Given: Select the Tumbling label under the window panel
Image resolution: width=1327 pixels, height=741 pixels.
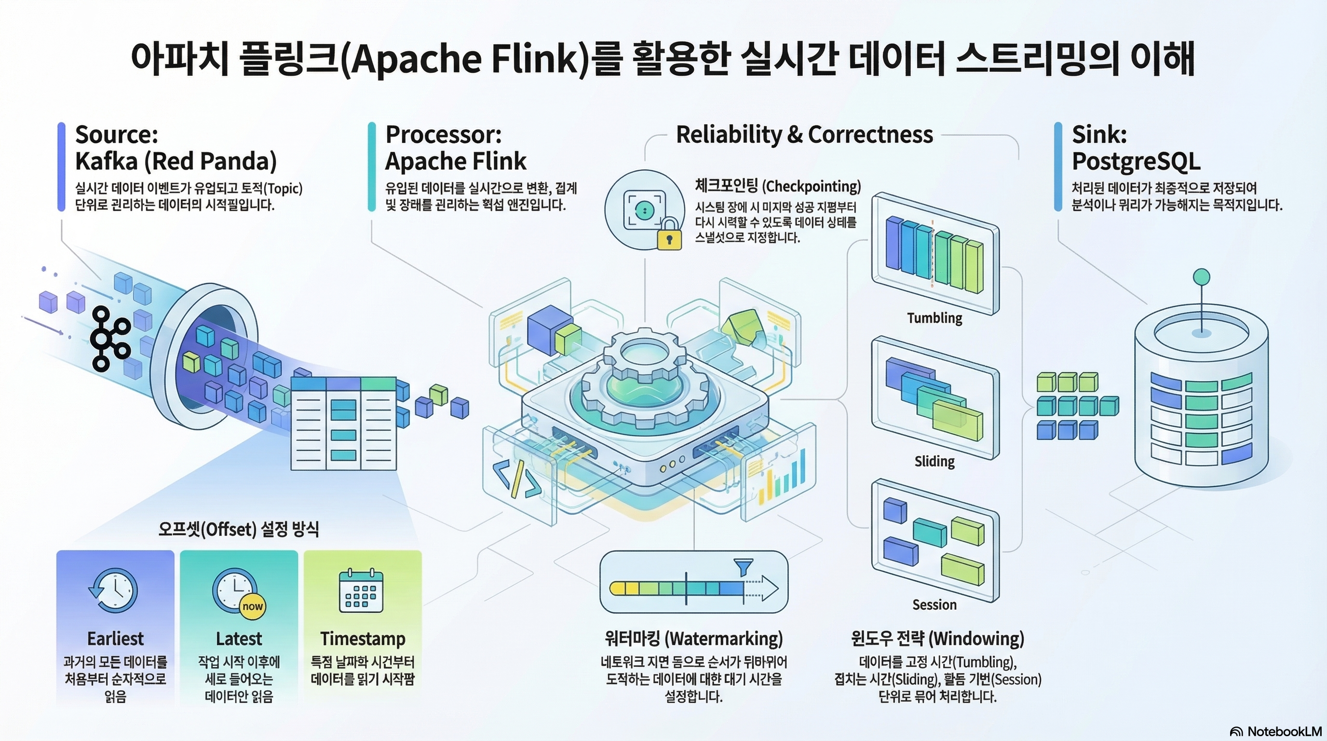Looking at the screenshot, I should tap(934, 318).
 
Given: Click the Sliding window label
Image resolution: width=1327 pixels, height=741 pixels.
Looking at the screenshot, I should tap(934, 461).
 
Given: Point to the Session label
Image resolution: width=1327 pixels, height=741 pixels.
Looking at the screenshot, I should tap(934, 604).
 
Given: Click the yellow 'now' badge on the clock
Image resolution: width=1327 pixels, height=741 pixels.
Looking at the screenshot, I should tap(252, 606).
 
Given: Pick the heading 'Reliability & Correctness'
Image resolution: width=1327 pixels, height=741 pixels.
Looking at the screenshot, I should tap(804, 135).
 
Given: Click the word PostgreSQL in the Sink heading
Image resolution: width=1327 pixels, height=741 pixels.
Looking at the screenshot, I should tap(1136, 161).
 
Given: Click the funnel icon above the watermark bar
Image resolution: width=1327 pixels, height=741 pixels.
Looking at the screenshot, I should tap(743, 567).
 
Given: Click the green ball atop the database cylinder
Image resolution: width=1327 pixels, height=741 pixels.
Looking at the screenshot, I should tap(1201, 277).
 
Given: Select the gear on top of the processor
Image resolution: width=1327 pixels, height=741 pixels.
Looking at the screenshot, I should tap(644, 376).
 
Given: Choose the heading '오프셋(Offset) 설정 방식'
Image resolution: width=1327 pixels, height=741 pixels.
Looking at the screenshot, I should tap(239, 529).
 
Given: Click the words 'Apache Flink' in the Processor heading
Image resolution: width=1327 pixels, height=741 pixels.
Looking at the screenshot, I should tap(456, 161).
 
